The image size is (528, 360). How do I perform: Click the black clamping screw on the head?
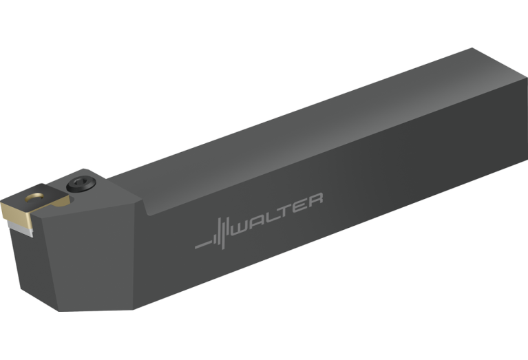pyautogui.click(x=81, y=184)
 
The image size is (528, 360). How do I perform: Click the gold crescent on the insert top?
pyautogui.click(x=34, y=198)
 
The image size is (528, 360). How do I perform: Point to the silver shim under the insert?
pyautogui.click(x=21, y=229)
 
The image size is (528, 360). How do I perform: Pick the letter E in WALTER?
pyautogui.click(x=299, y=204)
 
